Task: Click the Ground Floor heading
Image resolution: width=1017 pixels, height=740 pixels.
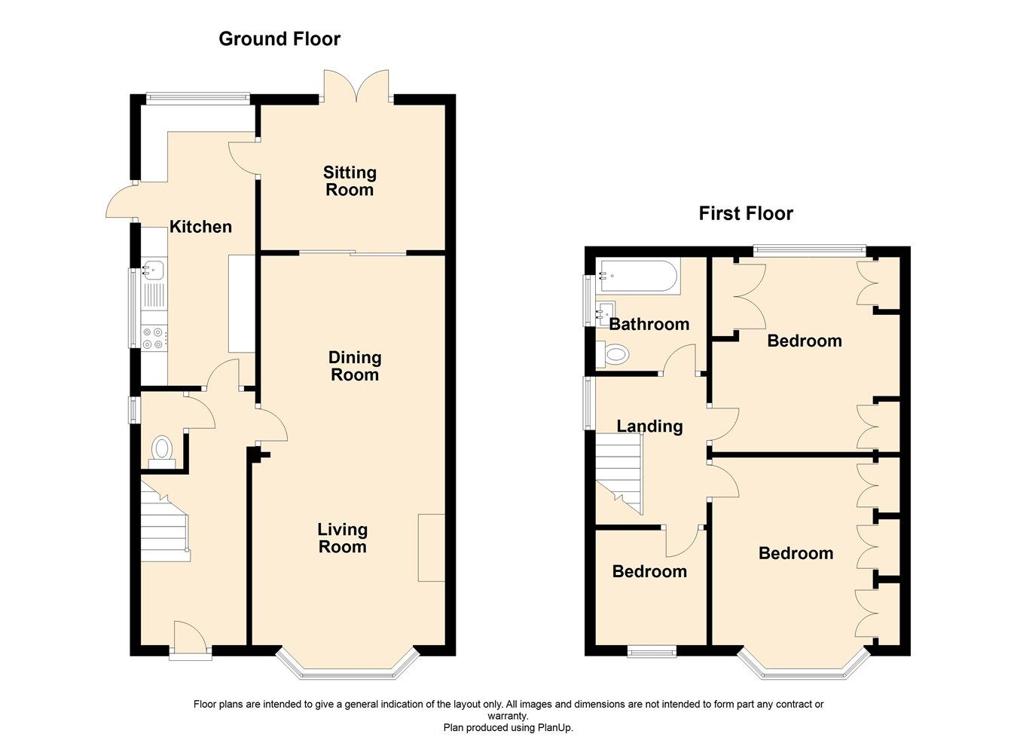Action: pos(279,39)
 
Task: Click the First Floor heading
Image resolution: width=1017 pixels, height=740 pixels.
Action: pos(745,214)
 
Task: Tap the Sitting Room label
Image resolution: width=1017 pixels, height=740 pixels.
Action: pos(350,182)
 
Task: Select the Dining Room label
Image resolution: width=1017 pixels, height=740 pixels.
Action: pos(355,366)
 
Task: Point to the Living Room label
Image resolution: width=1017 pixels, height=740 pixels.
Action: pos(342,538)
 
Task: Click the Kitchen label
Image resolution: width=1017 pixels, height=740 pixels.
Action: pos(200,227)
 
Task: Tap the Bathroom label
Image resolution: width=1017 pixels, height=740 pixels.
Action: pos(649,325)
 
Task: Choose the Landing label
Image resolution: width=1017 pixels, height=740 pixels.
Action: pos(649,427)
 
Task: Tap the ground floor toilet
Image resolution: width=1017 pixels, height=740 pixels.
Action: pos(162,448)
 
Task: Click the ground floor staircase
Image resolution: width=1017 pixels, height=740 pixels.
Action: pos(163,524)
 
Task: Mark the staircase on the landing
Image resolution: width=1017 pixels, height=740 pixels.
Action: pos(620,475)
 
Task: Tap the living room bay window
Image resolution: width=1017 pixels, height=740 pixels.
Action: pos(347,667)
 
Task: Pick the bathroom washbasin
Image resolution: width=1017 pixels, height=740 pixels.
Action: pos(606,310)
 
